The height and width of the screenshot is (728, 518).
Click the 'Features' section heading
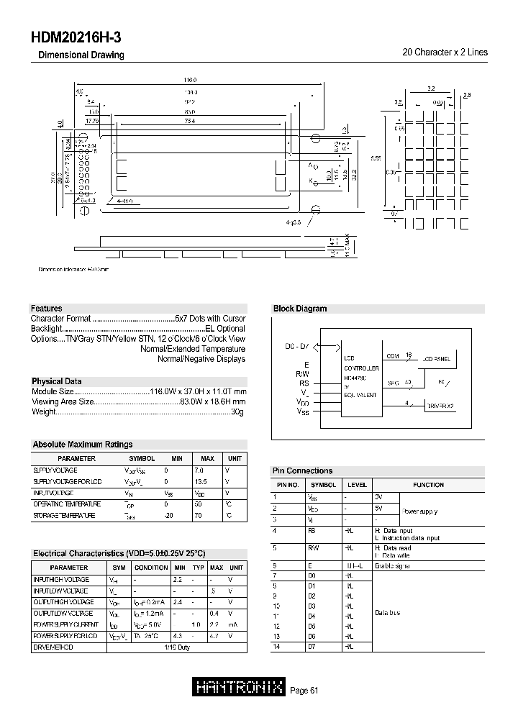pos(46,309)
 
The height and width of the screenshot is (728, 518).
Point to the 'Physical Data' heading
pos(57,381)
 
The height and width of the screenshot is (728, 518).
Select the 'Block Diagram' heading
pos(300,309)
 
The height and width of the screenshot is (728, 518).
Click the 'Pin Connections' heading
pos(302,470)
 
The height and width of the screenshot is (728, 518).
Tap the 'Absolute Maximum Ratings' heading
pos(83,445)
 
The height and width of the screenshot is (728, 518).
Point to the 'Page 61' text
pos(304,691)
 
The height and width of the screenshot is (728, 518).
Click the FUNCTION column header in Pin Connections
pos(428,485)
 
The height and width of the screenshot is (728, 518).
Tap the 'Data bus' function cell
pos(388,613)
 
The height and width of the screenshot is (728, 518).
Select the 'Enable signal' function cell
pos(392,566)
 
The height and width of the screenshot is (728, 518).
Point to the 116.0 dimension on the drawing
pos(190,80)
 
